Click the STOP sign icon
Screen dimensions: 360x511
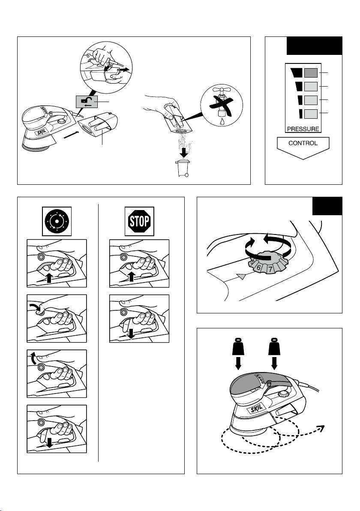tap(139, 221)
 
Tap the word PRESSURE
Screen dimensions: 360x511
tap(303, 129)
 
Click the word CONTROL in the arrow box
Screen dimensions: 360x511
tap(303, 143)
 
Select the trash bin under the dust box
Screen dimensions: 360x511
tap(183, 168)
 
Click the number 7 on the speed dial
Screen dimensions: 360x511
tap(270, 269)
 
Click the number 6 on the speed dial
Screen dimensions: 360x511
tap(258, 268)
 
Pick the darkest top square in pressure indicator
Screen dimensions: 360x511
tap(311, 73)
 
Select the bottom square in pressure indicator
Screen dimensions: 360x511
tap(311, 114)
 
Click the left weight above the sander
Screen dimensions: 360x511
tap(238, 348)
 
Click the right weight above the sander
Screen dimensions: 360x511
tap(274, 348)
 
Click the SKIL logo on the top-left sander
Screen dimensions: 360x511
tap(40, 134)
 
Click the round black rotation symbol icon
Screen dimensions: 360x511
tap(57, 221)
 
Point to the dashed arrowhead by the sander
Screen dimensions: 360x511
tap(321, 428)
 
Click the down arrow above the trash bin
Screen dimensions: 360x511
tap(184, 152)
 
